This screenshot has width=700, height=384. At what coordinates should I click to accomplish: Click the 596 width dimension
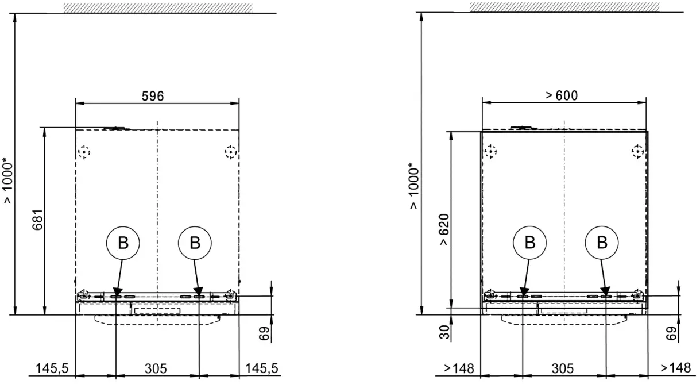point(153,96)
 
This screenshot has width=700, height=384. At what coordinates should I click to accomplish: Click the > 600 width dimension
point(562,95)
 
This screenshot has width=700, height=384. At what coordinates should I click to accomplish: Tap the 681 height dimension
point(38,220)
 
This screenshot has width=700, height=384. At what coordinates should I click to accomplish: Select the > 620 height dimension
point(444,230)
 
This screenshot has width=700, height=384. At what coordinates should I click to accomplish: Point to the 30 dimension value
point(444,332)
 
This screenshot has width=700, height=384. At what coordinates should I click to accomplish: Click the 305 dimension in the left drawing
point(156,368)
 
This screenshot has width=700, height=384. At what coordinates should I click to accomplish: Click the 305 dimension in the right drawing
point(563,368)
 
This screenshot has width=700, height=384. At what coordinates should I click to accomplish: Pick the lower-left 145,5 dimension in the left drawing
point(52,368)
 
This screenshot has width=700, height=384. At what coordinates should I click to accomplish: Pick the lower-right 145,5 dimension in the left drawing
point(261,368)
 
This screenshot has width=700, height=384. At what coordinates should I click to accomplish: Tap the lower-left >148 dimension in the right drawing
point(459,368)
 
